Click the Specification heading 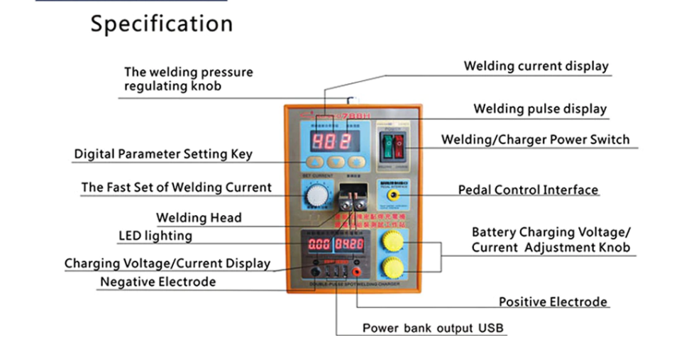pos(161,24)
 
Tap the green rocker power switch pos(388,145)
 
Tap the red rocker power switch pos(399,145)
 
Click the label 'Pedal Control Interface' pos(528,190)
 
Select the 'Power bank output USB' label pos(433,328)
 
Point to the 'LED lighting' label pos(155,235)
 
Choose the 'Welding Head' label pos(199,218)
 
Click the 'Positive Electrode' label pos(553,302)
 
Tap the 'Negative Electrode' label pos(158,282)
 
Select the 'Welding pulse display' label pos(540,109)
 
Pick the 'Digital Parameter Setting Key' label pos(163,154)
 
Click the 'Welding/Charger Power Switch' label pos(535,139)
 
